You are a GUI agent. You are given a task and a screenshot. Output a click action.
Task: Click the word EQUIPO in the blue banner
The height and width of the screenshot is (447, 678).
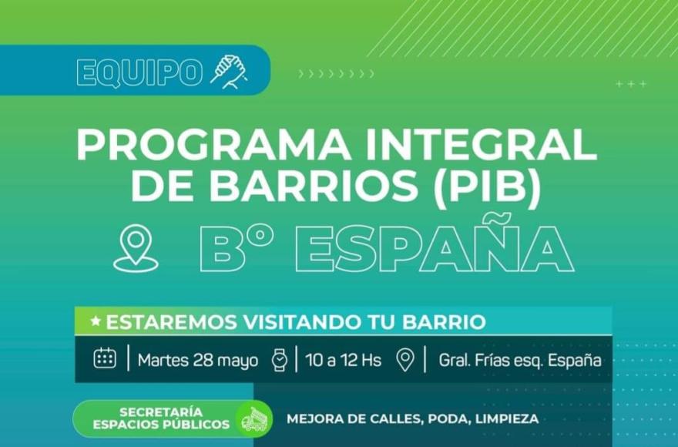139,72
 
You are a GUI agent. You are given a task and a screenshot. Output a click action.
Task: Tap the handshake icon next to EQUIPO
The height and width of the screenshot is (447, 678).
229,72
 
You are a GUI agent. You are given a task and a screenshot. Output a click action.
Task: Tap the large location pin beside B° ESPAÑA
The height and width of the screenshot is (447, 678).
136,248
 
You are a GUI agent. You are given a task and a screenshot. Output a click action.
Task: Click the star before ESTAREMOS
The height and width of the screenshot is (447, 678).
96,321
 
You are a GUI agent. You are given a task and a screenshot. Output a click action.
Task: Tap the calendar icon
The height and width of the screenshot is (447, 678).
105,358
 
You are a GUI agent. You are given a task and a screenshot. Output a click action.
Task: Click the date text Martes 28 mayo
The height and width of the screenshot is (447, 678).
198,361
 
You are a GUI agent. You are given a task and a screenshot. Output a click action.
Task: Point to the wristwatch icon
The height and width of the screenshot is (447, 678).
280,360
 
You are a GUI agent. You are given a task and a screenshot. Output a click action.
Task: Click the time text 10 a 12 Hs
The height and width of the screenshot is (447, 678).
344,360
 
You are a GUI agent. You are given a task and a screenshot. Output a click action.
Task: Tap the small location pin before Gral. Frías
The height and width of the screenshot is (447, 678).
405,360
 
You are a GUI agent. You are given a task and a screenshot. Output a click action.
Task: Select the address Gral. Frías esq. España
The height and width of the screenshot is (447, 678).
520,361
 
